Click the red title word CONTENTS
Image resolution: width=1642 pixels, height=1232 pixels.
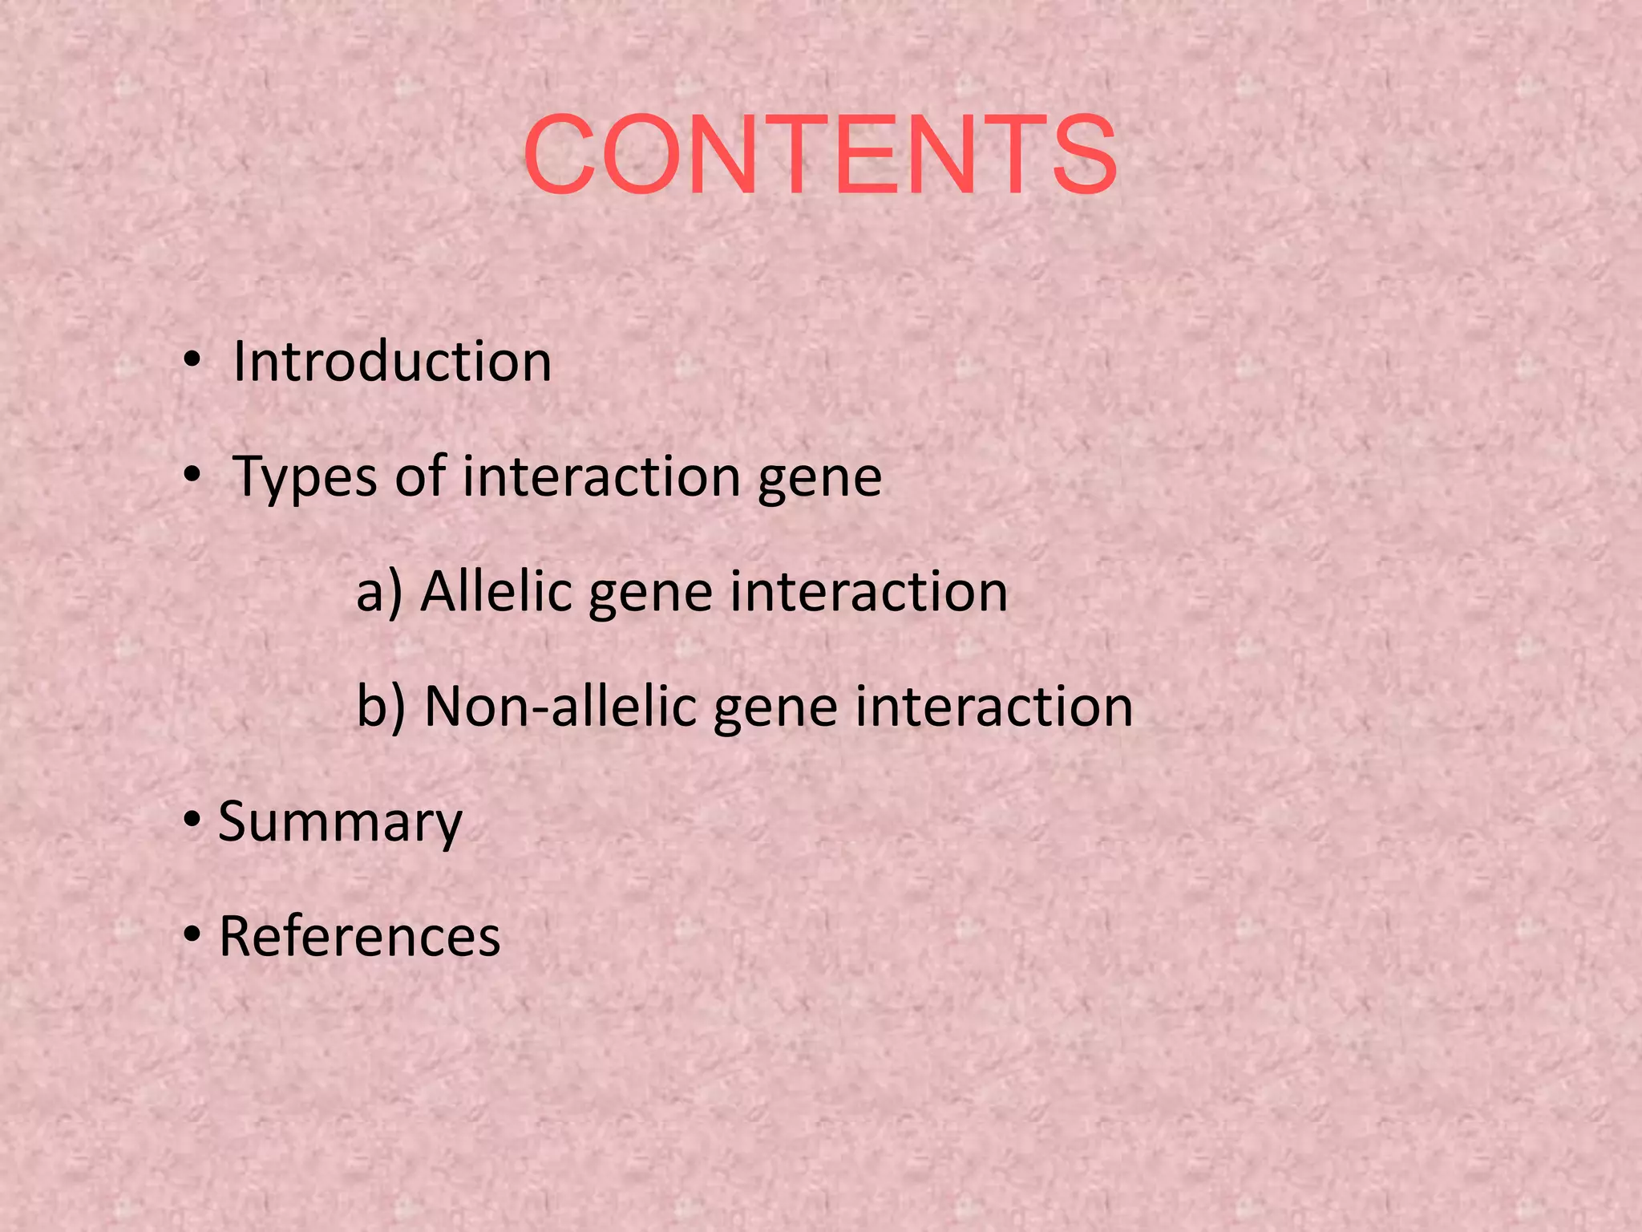tap(819, 154)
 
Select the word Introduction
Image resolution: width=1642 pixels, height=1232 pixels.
tap(392, 362)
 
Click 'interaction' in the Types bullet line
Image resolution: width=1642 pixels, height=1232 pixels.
tap(601, 476)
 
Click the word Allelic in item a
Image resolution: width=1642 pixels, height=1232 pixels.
tap(498, 592)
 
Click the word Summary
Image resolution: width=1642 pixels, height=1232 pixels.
tap(340, 823)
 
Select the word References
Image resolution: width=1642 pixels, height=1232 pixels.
tap(359, 936)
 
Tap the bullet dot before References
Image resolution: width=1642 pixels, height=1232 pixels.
tap(191, 935)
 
